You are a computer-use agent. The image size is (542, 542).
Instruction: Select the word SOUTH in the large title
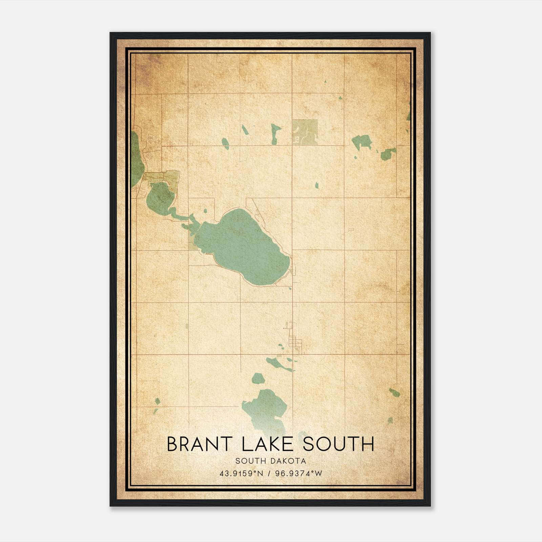pyautogui.click(x=338, y=444)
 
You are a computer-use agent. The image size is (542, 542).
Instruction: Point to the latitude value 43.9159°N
pyautogui.click(x=241, y=474)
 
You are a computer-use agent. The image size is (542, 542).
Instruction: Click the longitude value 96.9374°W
pyautogui.click(x=299, y=474)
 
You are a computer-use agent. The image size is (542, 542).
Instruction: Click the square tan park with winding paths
pyautogui.click(x=305, y=132)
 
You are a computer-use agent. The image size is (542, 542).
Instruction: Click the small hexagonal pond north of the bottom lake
pyautogui.click(x=258, y=378)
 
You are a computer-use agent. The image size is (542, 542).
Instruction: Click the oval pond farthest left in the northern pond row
pyautogui.click(x=225, y=143)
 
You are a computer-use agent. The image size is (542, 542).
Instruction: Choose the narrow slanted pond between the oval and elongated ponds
pyautogui.click(x=245, y=129)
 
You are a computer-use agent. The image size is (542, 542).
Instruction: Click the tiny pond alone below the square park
pyautogui.click(x=317, y=185)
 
